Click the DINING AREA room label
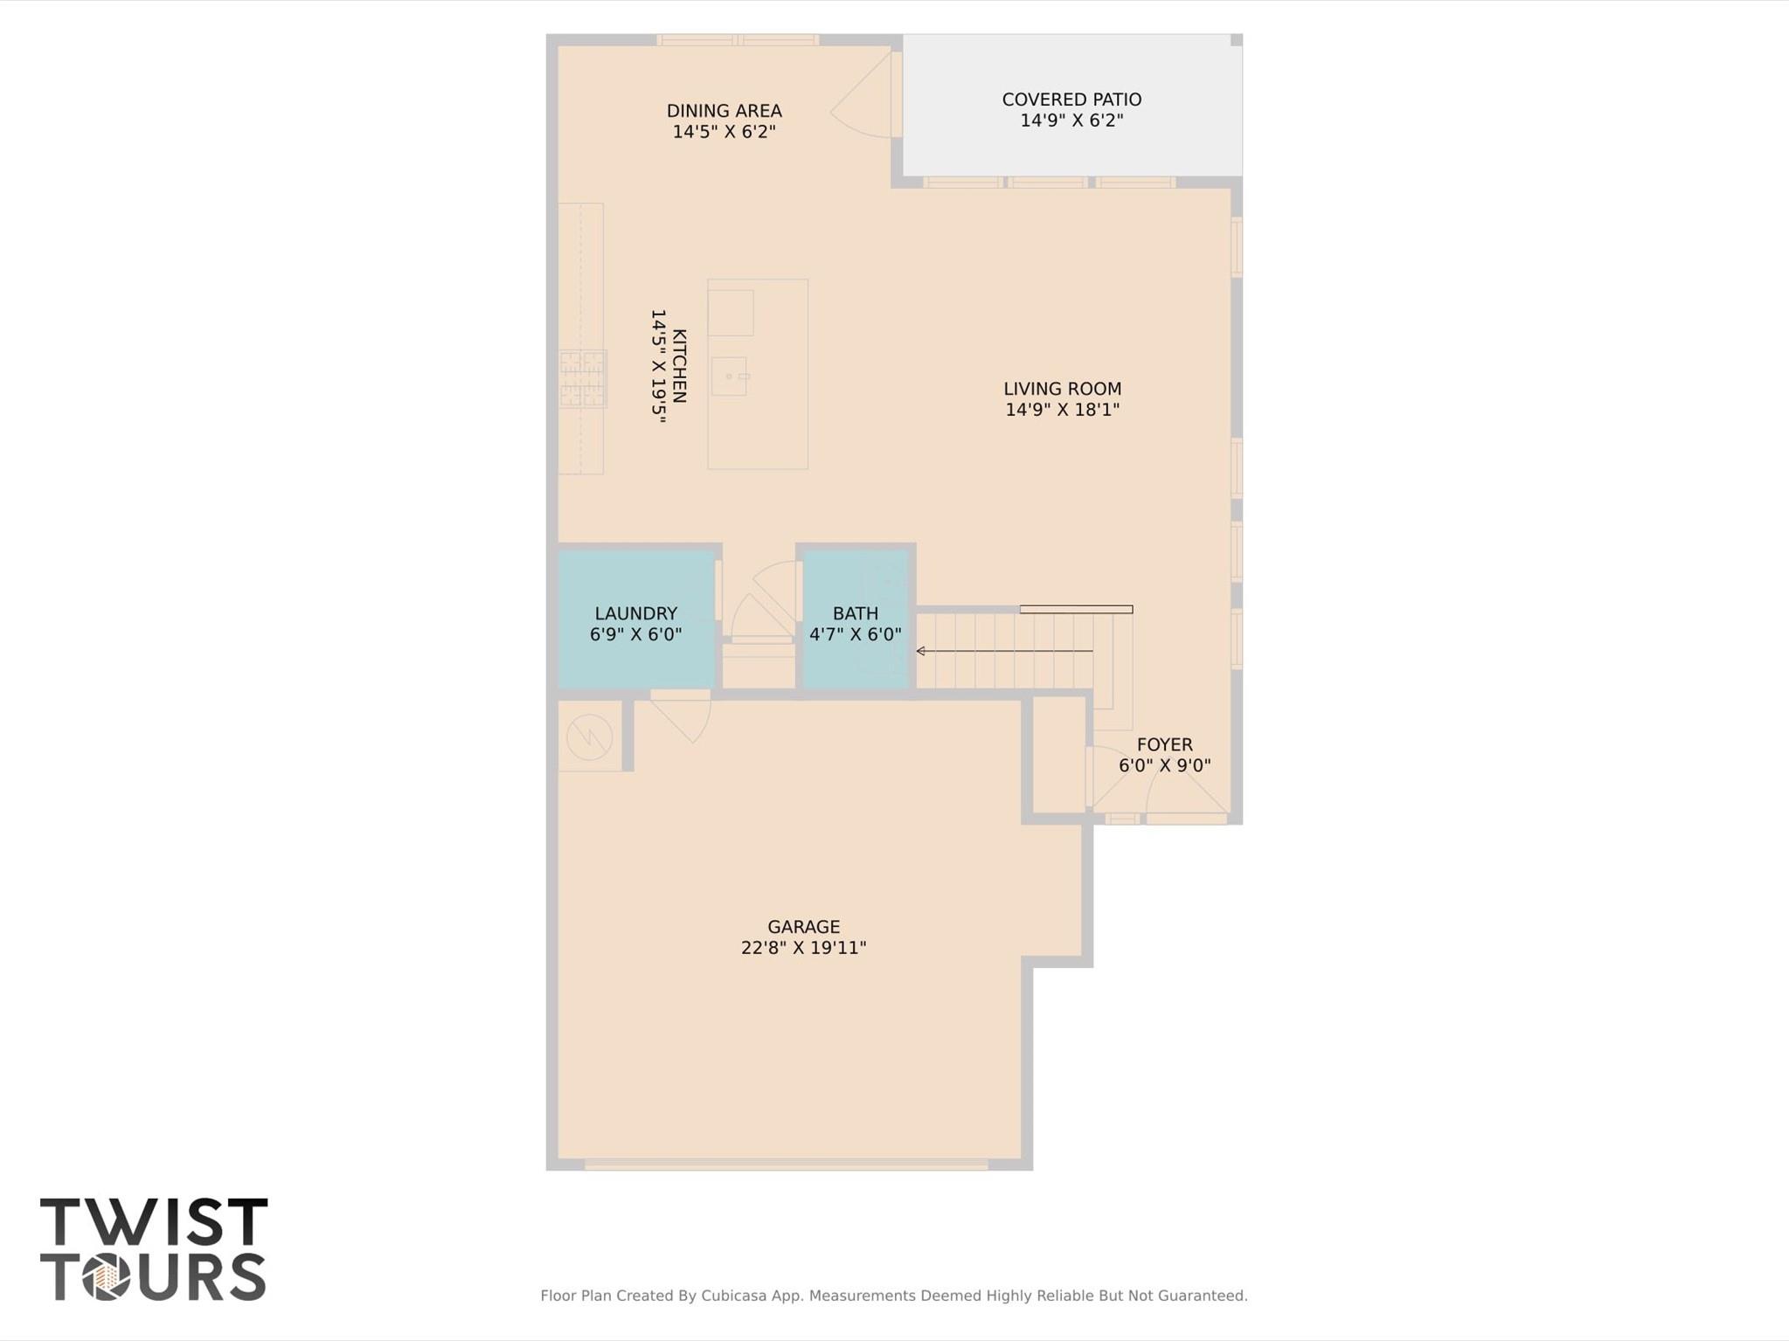tap(724, 111)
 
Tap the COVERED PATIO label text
tap(1071, 100)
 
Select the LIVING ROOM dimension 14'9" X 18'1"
tap(1062, 410)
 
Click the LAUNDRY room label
tap(635, 613)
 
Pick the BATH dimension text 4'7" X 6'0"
tap(855, 635)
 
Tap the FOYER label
tap(1164, 744)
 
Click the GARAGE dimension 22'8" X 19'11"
tap(803, 948)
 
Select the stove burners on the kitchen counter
tap(583, 378)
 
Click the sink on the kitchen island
tap(729, 377)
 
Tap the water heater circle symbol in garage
tap(589, 736)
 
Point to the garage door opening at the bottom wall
tap(786, 1164)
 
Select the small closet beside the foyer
tap(1058, 753)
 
